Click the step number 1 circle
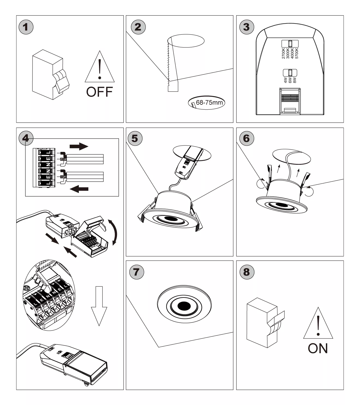(x=26, y=27)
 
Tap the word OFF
(x=99, y=92)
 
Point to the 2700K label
(x=283, y=53)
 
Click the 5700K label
(x=297, y=53)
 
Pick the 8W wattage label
(x=295, y=80)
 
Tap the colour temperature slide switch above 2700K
(x=290, y=44)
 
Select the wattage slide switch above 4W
(x=290, y=73)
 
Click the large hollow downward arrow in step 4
(x=99, y=305)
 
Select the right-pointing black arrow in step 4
(x=79, y=146)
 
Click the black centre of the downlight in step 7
(x=184, y=306)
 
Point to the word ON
(x=318, y=348)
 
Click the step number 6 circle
(x=246, y=138)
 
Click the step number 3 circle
(x=246, y=27)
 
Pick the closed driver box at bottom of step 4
(x=74, y=363)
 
